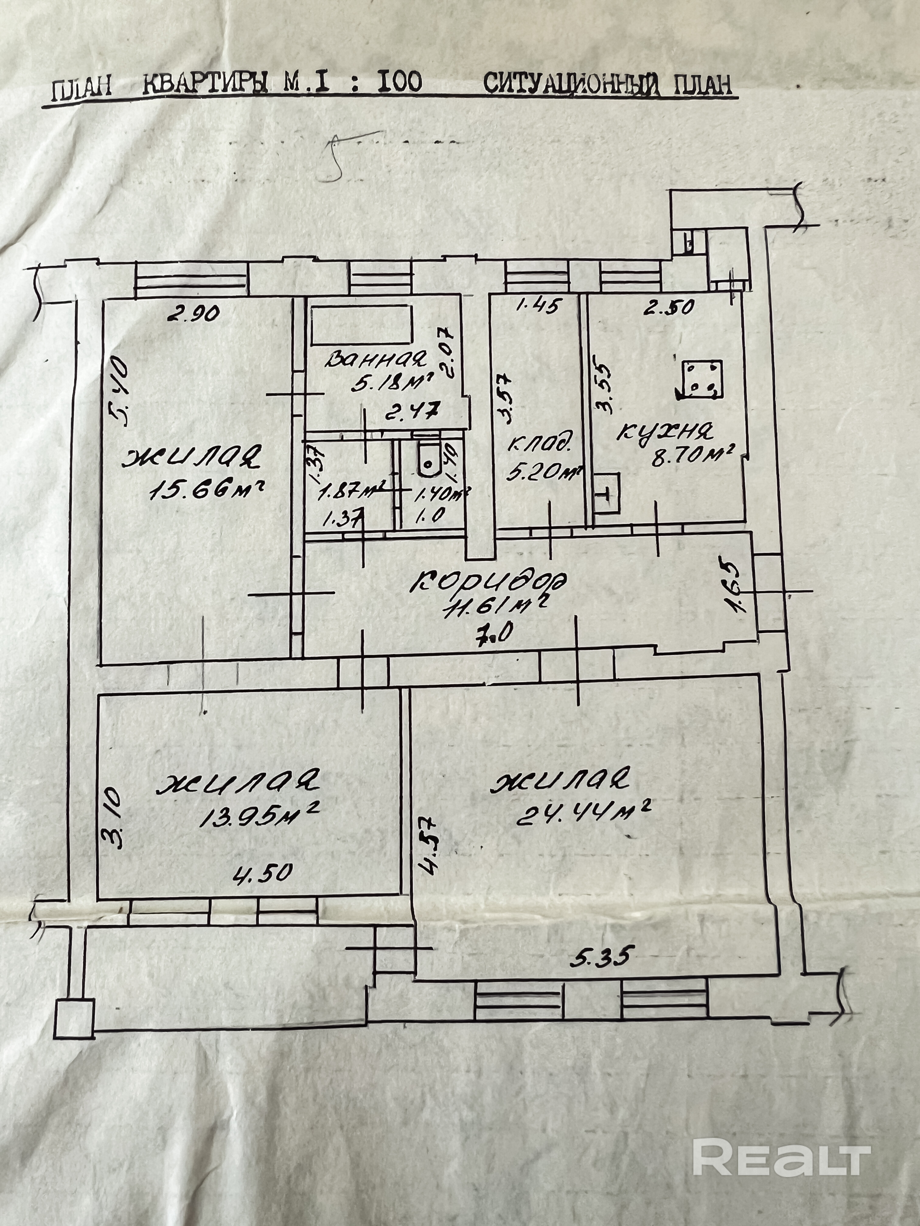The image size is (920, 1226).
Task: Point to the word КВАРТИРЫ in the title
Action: pyautogui.click(x=205, y=85)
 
